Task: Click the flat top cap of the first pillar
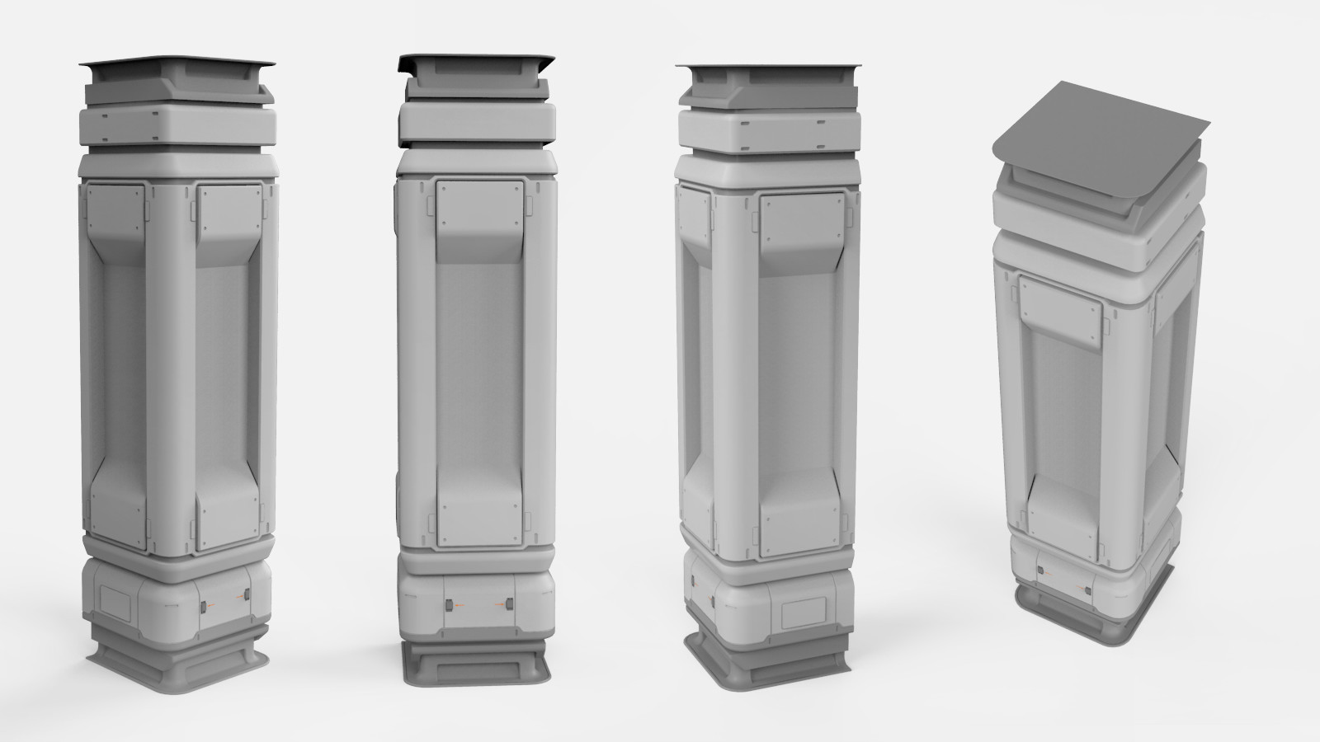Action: (177, 63)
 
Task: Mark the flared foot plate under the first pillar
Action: (177, 660)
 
